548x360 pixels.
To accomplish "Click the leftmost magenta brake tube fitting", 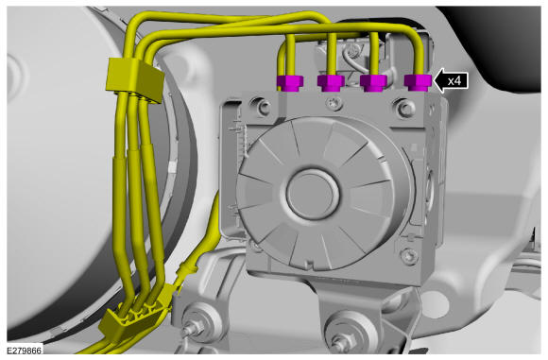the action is click(x=290, y=83).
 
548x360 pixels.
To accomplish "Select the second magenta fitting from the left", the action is click(x=331, y=83).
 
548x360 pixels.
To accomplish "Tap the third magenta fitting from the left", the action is click(x=373, y=83).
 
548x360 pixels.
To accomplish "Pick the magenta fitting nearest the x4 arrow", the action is click(x=418, y=83).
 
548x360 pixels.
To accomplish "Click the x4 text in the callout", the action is click(x=454, y=81).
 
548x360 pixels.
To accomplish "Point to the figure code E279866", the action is click(x=25, y=350).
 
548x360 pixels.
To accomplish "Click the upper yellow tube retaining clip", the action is click(x=135, y=79).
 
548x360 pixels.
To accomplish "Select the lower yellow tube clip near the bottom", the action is click(x=131, y=319).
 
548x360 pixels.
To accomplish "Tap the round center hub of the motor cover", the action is click(x=312, y=195).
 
